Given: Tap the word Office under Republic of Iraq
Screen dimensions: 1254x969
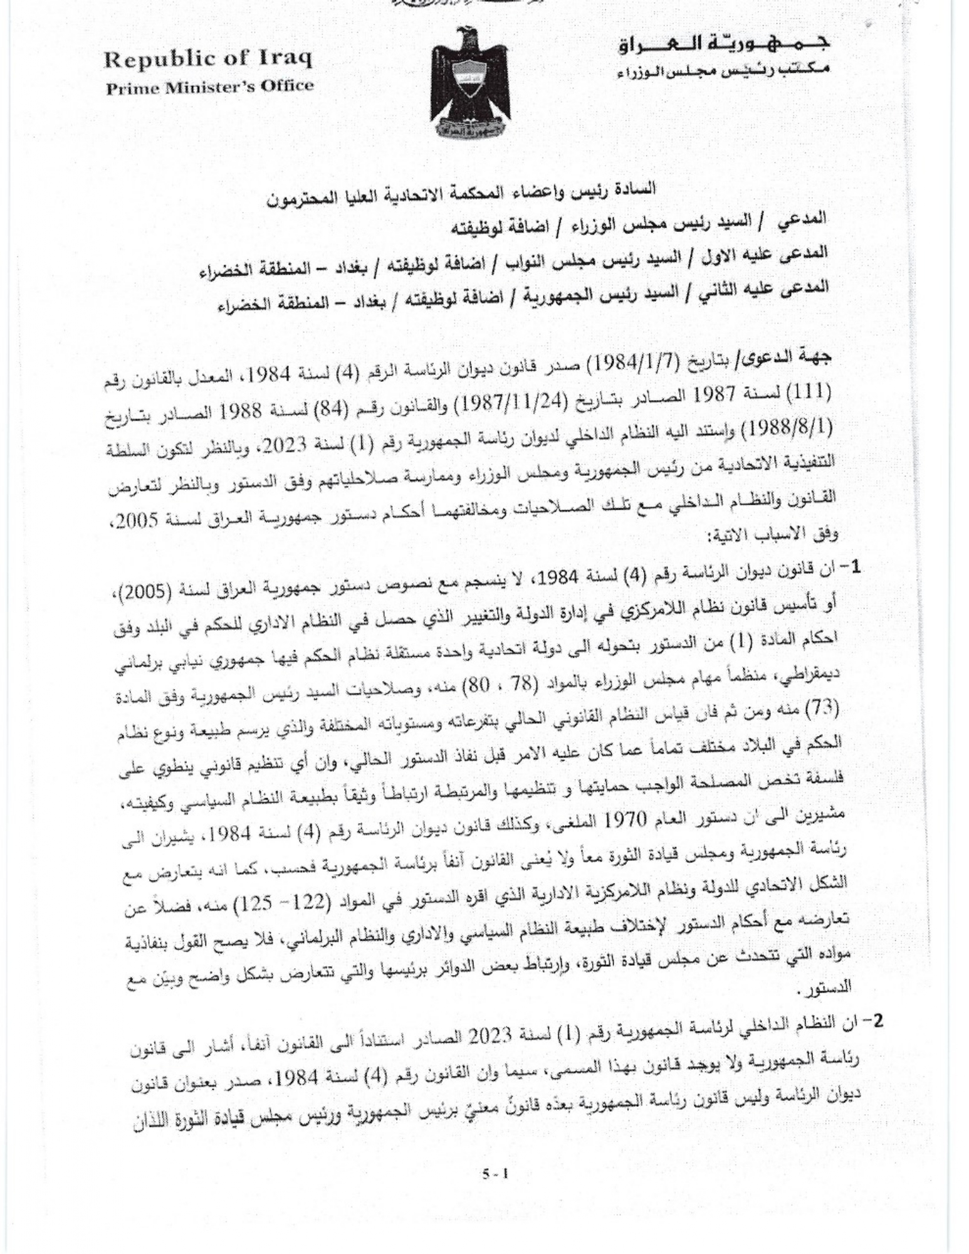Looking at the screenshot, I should pos(284,86).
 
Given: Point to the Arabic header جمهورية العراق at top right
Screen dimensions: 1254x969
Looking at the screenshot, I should pos(725,44).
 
